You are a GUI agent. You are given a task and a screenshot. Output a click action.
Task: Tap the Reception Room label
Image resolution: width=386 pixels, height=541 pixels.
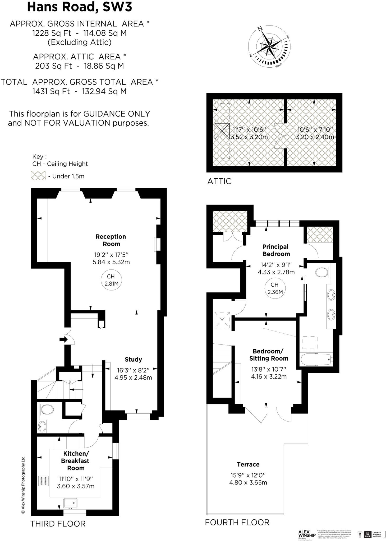(111, 240)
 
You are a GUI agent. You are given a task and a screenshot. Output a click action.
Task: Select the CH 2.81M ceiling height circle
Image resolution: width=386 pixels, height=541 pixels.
(111, 280)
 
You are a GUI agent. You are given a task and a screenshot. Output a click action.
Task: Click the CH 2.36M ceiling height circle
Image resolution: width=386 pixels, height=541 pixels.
(275, 288)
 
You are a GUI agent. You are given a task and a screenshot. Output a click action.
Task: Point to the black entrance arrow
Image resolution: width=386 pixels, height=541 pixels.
(63, 339)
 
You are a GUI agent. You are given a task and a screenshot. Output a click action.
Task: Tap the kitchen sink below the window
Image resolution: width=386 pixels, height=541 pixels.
(70, 503)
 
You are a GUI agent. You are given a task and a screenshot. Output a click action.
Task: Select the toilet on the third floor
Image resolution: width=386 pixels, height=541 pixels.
(47, 410)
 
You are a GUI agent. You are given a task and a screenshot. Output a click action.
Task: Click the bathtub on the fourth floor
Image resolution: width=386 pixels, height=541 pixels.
(316, 360)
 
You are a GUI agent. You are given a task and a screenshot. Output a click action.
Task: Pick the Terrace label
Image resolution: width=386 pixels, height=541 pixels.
(248, 464)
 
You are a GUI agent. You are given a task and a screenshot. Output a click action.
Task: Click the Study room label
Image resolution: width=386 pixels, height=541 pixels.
(133, 359)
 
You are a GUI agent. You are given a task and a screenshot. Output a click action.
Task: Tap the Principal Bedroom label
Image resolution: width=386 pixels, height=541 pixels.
(276, 250)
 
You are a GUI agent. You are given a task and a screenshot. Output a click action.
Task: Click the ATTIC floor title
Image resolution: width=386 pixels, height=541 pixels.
(219, 181)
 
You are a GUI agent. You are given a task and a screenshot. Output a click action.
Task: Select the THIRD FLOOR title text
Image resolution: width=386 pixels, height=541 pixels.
(58, 524)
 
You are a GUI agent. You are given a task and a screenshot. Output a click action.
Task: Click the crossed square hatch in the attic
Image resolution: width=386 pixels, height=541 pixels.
(222, 131)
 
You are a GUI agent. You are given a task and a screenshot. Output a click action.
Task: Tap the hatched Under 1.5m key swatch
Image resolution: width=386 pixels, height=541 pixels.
(38, 176)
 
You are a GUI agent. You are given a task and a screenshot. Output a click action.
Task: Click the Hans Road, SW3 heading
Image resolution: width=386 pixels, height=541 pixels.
(79, 7)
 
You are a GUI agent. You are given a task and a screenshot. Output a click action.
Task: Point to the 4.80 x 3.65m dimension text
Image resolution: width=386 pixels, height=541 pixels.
(248, 482)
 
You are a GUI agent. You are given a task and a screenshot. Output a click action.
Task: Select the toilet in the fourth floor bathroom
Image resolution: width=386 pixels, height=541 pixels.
(322, 272)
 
